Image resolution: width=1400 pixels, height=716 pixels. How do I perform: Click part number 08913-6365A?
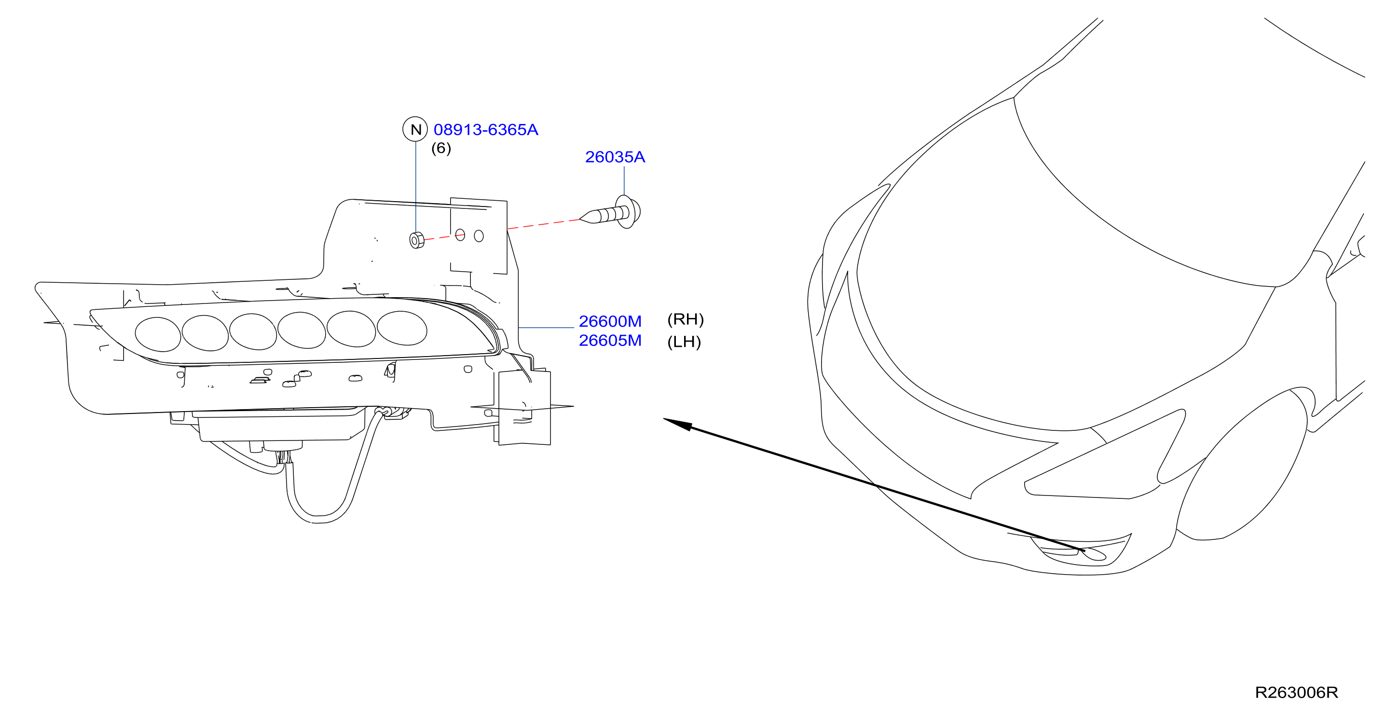[x=485, y=130]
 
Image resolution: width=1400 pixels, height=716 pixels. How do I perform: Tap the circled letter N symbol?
[x=415, y=129]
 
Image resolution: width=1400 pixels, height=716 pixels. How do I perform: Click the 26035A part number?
[x=615, y=157]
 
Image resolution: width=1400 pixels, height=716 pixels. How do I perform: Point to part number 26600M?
[x=610, y=321]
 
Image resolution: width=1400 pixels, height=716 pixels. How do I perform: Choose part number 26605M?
[x=610, y=340]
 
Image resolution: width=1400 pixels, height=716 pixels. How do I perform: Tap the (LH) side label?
[x=684, y=342]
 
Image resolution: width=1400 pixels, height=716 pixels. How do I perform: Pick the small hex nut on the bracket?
[x=416, y=240]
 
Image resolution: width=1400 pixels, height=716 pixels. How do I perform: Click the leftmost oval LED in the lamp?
[x=158, y=334]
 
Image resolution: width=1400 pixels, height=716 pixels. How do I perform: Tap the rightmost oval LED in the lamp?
[x=402, y=328]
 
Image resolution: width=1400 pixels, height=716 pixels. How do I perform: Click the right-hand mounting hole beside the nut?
[x=479, y=236]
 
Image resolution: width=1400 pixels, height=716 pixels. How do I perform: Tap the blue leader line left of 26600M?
[x=546, y=328]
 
